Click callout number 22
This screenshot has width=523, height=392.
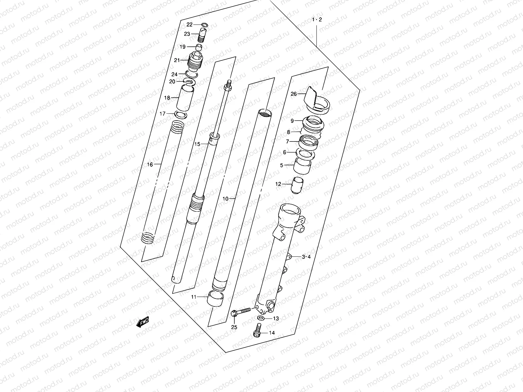(190, 25)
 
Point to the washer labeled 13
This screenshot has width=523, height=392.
(261, 318)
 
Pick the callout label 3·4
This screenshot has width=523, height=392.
(306, 257)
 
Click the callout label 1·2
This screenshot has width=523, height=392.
(317, 20)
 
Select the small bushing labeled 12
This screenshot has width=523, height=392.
(298, 185)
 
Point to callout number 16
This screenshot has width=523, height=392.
(150, 165)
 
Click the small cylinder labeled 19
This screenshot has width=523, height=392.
(198, 47)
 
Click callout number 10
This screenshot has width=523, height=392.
(225, 199)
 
